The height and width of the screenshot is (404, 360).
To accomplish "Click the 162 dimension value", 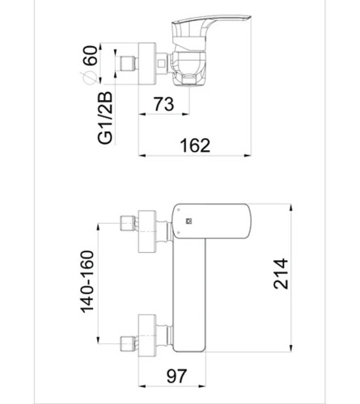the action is click(x=195, y=145).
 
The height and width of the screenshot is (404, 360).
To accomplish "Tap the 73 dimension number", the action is click(x=163, y=104).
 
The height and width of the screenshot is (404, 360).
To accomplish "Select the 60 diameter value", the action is click(x=90, y=56).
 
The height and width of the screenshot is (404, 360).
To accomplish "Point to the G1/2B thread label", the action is click(x=105, y=118).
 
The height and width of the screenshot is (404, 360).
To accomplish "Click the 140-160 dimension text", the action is click(x=87, y=282).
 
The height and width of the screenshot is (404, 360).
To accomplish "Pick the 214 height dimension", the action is click(x=281, y=274).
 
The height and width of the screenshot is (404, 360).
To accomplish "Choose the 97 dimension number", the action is click(x=176, y=376).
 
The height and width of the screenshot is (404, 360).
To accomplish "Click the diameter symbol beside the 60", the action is click(x=89, y=78).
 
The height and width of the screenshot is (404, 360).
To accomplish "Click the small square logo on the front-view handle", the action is click(x=188, y=221).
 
